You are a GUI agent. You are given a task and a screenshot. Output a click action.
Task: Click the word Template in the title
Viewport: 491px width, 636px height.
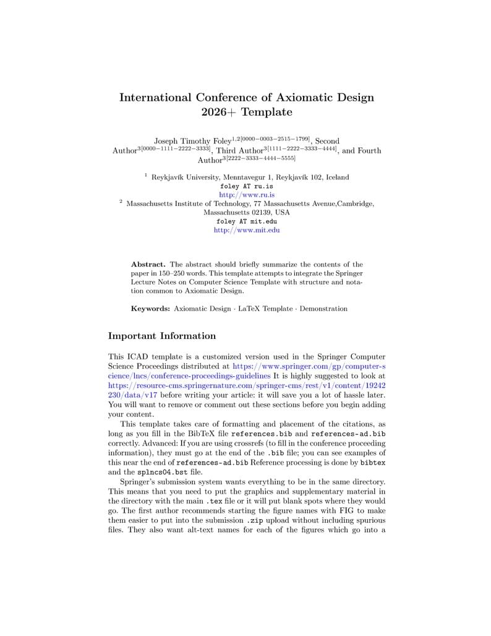267,113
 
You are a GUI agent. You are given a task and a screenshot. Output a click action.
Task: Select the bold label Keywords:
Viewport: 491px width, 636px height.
150,308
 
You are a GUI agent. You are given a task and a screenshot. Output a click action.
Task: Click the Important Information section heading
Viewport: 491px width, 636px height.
162,336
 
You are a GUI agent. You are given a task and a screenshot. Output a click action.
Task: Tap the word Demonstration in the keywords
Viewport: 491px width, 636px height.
323,308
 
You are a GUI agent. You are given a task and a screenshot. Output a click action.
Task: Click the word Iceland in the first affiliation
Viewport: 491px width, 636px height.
336,177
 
